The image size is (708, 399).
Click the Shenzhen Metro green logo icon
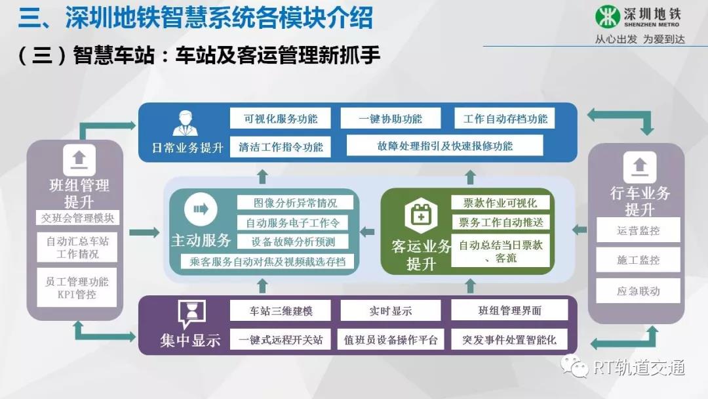click(607, 16)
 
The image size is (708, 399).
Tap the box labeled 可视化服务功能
click(281, 118)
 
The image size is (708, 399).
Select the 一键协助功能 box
click(391, 118)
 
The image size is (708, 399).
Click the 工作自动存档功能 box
click(505, 118)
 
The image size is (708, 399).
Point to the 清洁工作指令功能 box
click(281, 146)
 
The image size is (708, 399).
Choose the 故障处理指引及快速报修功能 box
click(444, 146)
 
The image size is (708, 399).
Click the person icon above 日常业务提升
click(185, 123)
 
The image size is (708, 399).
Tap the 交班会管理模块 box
click(77, 218)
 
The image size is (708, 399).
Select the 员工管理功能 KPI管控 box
click(77, 288)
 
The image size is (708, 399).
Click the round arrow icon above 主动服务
click(201, 209)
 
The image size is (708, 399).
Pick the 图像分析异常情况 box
click(295, 202)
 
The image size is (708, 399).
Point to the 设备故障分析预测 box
click(293, 241)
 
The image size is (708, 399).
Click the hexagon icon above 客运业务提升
click(421, 215)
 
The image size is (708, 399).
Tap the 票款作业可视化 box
click(500, 202)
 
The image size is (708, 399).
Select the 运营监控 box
click(638, 230)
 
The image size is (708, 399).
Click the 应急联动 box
click(638, 291)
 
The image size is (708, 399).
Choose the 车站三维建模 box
click(281, 310)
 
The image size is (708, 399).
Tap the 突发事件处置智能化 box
click(509, 339)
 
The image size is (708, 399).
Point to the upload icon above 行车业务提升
click(640, 167)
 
